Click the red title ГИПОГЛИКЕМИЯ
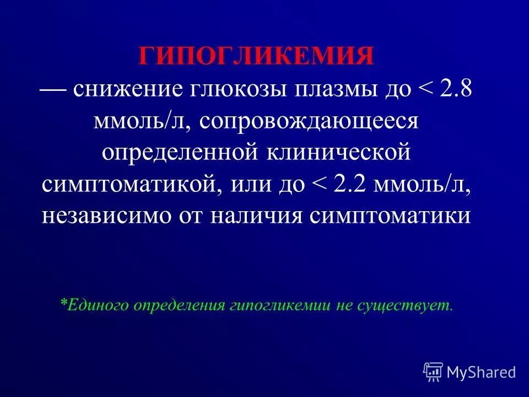(x=256, y=57)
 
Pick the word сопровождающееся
(x=309, y=120)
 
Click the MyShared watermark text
(x=481, y=372)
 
